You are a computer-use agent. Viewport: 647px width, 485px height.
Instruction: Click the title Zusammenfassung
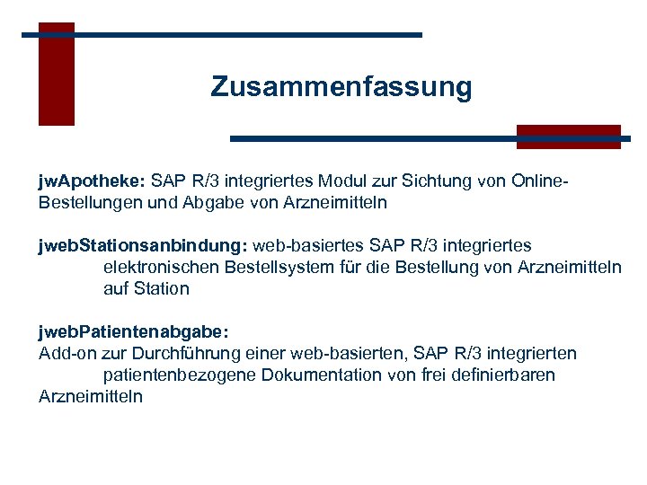point(341,87)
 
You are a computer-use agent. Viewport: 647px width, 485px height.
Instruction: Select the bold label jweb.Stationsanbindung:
point(143,245)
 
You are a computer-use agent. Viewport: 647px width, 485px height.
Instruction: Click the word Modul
point(355,181)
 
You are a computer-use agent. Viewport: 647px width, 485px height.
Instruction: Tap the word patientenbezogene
point(180,375)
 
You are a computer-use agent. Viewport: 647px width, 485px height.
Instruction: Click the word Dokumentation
point(321,375)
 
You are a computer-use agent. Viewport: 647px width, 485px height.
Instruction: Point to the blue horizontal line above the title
point(222,35)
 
